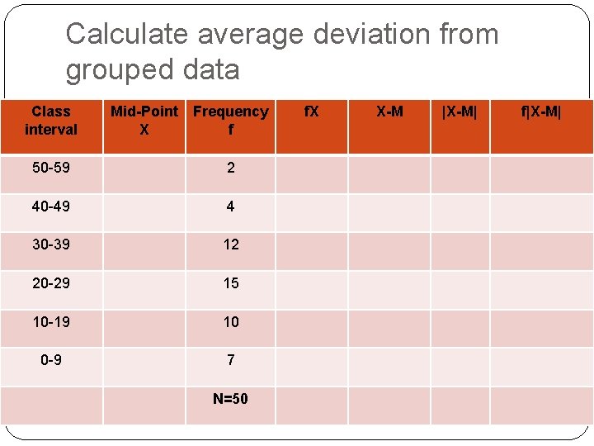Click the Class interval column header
coord(51,121)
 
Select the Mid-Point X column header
coord(144,121)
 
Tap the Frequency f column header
coord(231,121)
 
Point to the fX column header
coord(311,111)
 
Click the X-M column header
coord(389,111)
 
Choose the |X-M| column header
coord(460,111)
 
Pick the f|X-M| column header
coord(540,111)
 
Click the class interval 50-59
coord(51,168)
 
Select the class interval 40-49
coord(51,206)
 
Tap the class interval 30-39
coord(51,244)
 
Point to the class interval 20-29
coord(51,283)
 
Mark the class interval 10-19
coord(51,321)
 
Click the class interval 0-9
coord(51,360)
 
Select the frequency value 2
coord(230,168)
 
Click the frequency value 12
coord(231,244)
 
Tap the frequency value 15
coord(231,283)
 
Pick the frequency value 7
coord(230,360)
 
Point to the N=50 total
coord(230,399)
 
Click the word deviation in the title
coord(319,35)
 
